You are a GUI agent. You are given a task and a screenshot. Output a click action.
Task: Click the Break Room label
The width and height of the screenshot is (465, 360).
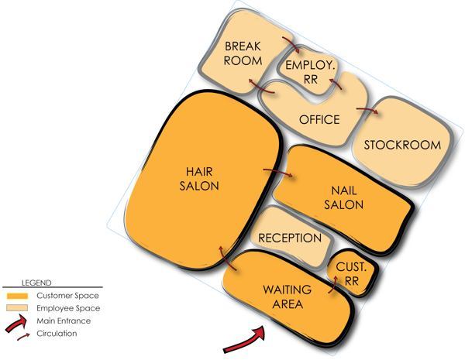coord(243,53)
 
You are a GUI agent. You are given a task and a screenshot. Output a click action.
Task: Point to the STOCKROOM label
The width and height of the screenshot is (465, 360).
coord(402,145)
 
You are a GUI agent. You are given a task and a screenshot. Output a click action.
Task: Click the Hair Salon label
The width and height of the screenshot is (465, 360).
coord(199,179)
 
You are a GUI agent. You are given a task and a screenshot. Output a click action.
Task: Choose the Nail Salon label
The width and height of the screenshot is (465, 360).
coord(343,197)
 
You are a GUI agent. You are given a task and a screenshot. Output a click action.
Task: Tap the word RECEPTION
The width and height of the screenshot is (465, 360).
coord(290,238)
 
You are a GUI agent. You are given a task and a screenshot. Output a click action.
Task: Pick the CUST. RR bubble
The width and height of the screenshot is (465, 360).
coord(353,272)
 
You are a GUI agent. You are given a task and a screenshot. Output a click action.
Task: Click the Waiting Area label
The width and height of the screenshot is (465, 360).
coord(288,297)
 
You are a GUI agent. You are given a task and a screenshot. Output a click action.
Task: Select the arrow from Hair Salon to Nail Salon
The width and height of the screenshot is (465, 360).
coord(278,172)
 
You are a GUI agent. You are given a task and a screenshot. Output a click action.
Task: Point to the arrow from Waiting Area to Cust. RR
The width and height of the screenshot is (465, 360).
coord(333,285)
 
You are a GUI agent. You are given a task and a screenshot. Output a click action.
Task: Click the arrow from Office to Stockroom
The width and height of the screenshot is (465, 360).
coord(367,110)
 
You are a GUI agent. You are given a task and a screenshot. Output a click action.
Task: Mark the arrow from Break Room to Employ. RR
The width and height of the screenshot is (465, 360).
coord(292,44)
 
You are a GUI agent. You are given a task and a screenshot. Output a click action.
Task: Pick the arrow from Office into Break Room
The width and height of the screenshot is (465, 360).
coord(261,87)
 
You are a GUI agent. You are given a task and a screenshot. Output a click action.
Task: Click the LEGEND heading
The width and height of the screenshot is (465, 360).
coord(36,283)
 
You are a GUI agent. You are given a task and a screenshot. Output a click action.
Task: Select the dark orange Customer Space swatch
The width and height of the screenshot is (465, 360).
coord(18,296)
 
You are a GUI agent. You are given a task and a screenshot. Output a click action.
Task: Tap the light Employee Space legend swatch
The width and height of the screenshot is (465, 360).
coord(17,308)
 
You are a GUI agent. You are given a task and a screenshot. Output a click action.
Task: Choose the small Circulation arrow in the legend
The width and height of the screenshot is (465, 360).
coord(23,337)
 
